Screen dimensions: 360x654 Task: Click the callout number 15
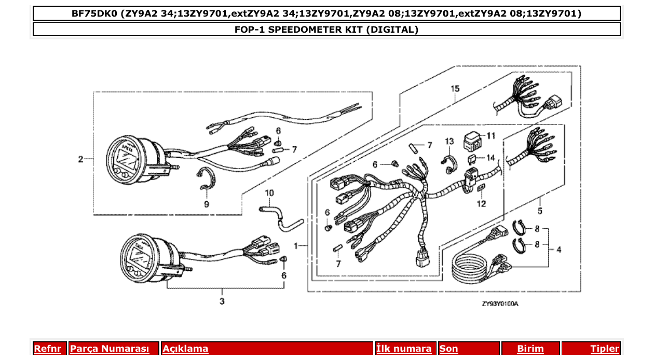[x=455, y=89]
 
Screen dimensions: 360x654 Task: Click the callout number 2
[x=80, y=159]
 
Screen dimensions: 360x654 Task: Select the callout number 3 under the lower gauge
[x=222, y=301]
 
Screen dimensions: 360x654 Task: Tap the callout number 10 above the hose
[x=269, y=193]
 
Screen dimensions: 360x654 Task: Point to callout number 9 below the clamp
[x=206, y=204]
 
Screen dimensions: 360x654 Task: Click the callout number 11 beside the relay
[x=491, y=136]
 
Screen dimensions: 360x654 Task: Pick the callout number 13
[x=449, y=142]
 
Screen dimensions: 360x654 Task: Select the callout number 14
[x=491, y=158]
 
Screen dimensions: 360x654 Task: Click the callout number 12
[x=481, y=204]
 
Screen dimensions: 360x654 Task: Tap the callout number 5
[x=540, y=211]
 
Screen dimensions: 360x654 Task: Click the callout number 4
[x=558, y=250]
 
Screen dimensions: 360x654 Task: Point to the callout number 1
[x=296, y=245]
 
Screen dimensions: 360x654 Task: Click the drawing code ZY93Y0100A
[x=500, y=304]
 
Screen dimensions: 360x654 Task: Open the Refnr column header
[x=47, y=349]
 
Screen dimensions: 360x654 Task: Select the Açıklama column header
[x=185, y=349]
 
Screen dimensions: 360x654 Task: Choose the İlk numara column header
[x=404, y=349]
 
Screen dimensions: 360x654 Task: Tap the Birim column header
[x=530, y=349]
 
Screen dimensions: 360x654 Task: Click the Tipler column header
[x=604, y=349]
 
